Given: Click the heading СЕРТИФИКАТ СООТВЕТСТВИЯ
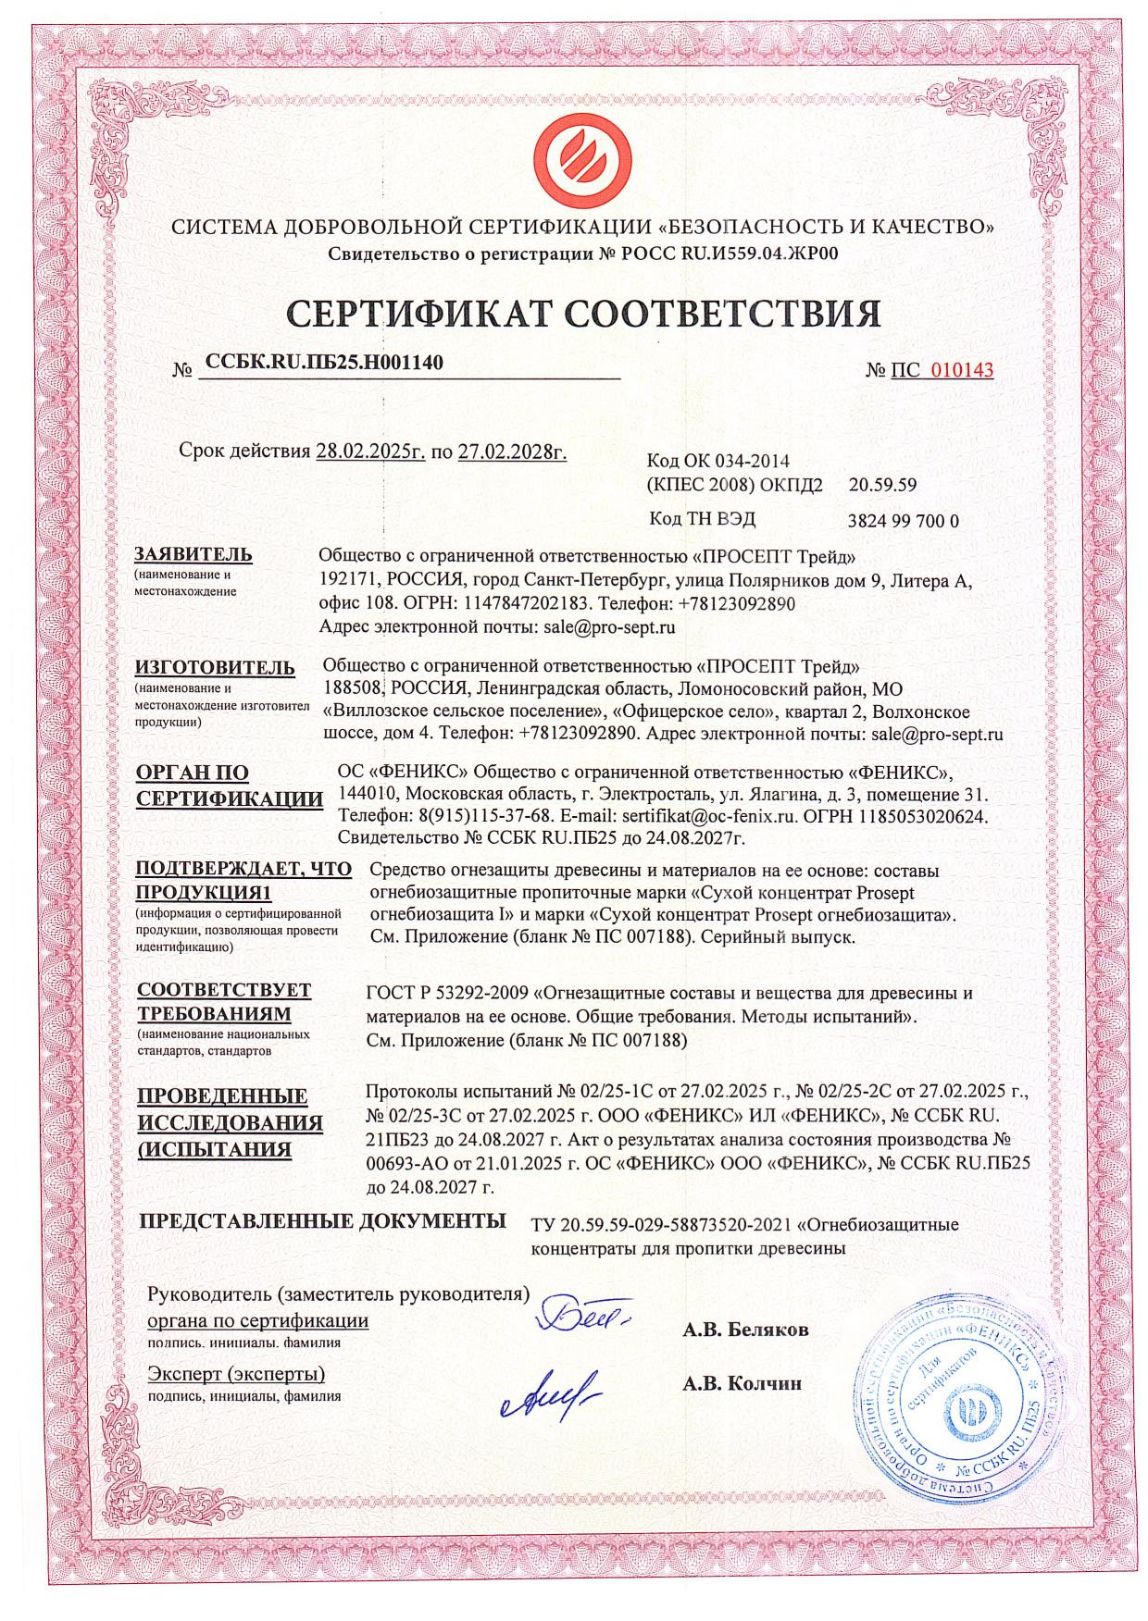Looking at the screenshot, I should pyautogui.click(x=583, y=314).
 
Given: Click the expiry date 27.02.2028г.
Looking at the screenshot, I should pyautogui.click(x=512, y=452).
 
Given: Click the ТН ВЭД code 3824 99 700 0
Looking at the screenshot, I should pyautogui.click(x=903, y=521).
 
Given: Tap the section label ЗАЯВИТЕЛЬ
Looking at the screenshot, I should pyautogui.click(x=193, y=554).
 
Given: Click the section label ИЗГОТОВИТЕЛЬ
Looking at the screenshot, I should pyautogui.click(x=215, y=667).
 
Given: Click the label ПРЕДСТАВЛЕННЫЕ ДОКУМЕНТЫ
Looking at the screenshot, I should pyautogui.click(x=322, y=1220).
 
